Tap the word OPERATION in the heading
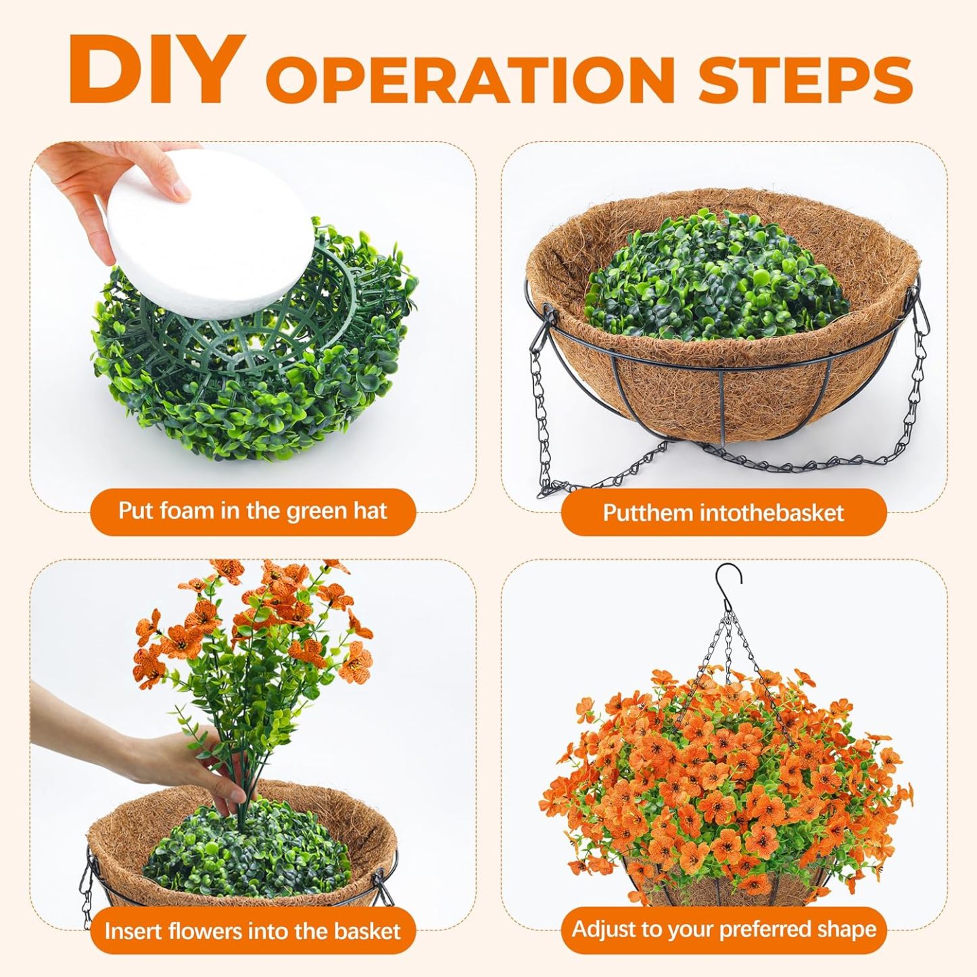click(x=470, y=78)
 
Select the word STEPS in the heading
click(x=806, y=78)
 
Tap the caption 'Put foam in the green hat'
click(x=252, y=510)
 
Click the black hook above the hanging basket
click(x=728, y=583)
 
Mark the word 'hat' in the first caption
click(x=372, y=510)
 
